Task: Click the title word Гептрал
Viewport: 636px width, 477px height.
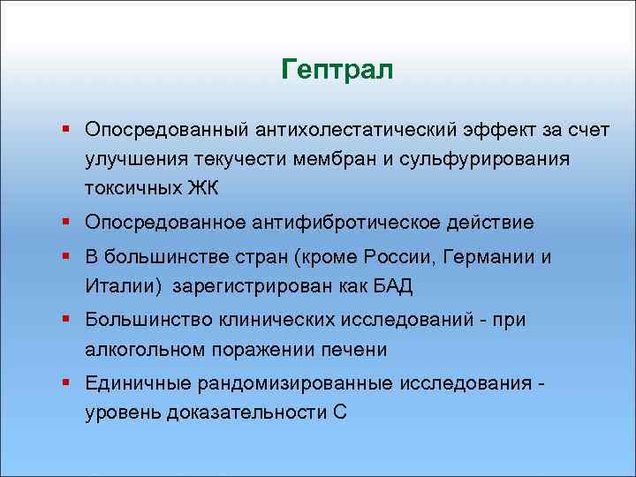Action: [x=337, y=70]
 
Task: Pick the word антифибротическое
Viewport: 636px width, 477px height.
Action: [x=349, y=223]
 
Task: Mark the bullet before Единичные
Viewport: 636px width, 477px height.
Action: [x=67, y=382]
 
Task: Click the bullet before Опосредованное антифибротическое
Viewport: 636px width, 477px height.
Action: [x=67, y=222]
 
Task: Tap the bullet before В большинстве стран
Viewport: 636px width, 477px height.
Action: [x=67, y=256]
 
